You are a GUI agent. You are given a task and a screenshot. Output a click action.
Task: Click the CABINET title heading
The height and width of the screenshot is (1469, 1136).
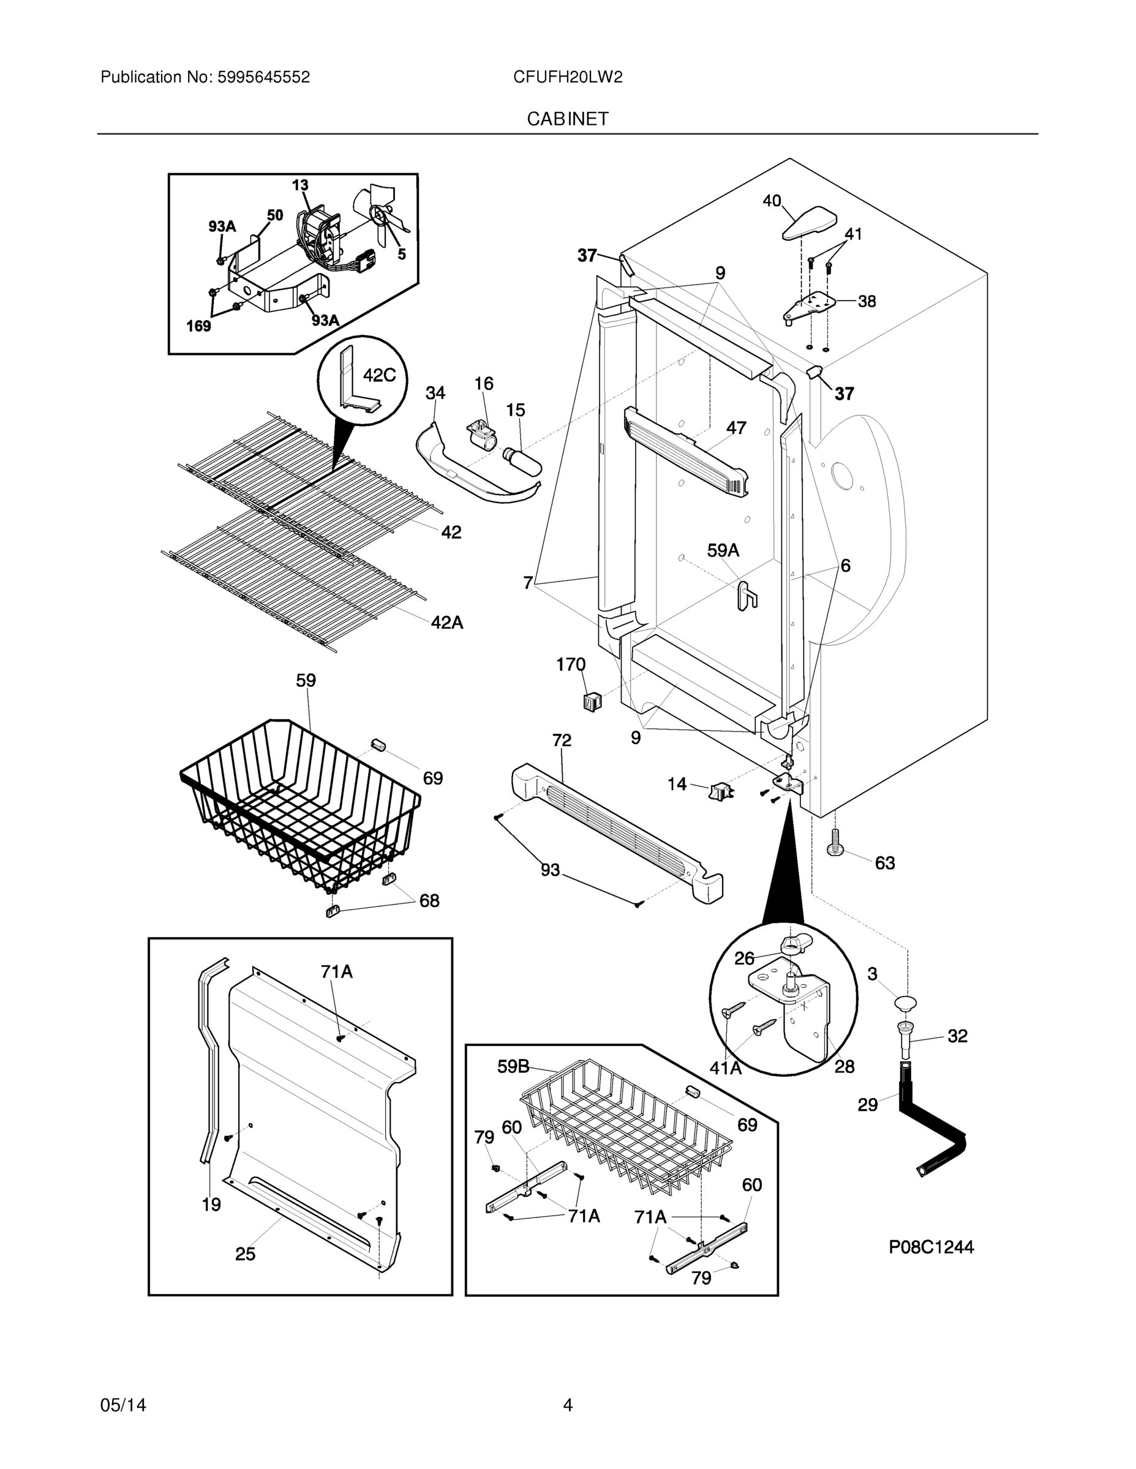(x=567, y=119)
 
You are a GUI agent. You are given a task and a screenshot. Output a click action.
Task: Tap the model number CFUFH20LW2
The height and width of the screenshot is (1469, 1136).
(x=567, y=77)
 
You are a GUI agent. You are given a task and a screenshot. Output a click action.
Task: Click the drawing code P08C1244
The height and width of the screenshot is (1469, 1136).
(x=931, y=1247)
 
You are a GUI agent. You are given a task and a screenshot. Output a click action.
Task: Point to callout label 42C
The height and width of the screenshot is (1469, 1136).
(x=379, y=375)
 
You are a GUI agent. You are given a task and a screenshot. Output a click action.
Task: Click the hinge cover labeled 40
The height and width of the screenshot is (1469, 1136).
(x=809, y=224)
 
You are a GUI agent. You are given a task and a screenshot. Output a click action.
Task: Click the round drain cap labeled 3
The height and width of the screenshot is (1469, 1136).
(x=906, y=1004)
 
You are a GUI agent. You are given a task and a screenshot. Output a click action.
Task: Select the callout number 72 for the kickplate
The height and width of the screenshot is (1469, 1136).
(x=562, y=741)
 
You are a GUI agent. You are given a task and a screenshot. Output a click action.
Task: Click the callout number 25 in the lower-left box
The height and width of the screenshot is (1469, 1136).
(x=245, y=1254)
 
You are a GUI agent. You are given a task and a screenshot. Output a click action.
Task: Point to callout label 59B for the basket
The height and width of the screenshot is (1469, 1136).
(x=513, y=1066)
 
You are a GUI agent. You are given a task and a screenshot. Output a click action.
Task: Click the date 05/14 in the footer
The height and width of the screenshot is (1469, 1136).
(x=123, y=1405)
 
